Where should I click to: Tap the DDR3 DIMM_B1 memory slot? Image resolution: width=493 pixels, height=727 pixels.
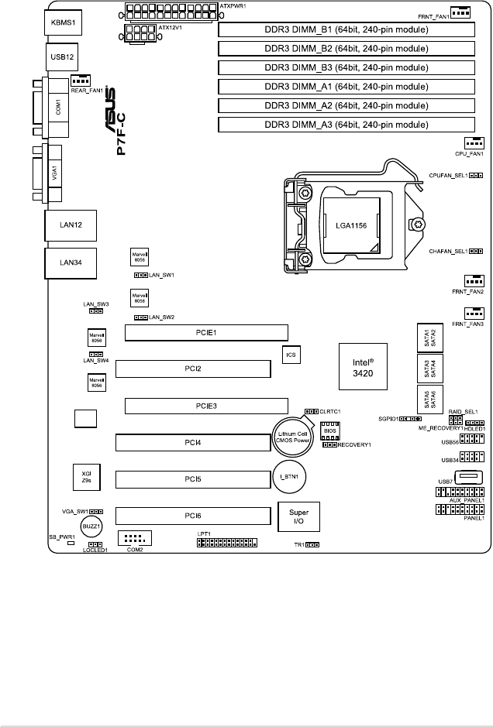[x=346, y=30]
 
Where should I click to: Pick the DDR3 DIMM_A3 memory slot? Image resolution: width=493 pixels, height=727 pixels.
[x=346, y=124]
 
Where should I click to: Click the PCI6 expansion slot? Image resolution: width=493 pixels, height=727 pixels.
[x=194, y=514]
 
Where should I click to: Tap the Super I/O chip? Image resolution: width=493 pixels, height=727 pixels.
[x=298, y=516]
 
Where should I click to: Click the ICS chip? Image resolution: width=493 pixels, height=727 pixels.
[x=291, y=355]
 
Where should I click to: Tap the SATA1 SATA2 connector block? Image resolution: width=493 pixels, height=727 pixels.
[x=429, y=336]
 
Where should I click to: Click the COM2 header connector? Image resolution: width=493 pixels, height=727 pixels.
[x=135, y=537]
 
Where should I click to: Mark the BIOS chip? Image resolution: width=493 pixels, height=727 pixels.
[x=329, y=431]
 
